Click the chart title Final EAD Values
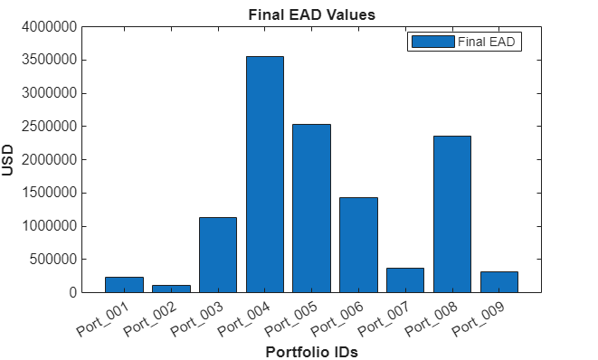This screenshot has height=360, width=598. coord(311,14)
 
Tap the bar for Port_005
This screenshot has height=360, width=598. coord(311,208)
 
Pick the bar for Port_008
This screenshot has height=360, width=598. coord(451,214)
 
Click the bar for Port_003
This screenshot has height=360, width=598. coord(218,255)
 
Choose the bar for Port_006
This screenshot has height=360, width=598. coord(358,245)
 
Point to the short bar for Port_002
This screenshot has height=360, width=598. coord(171,289)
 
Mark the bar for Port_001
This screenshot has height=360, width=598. coord(124,285)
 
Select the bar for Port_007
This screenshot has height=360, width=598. coord(405,280)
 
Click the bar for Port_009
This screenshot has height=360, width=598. coord(498,282)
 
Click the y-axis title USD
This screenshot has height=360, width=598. coord(9,160)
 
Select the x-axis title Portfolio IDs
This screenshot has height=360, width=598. coord(311,353)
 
